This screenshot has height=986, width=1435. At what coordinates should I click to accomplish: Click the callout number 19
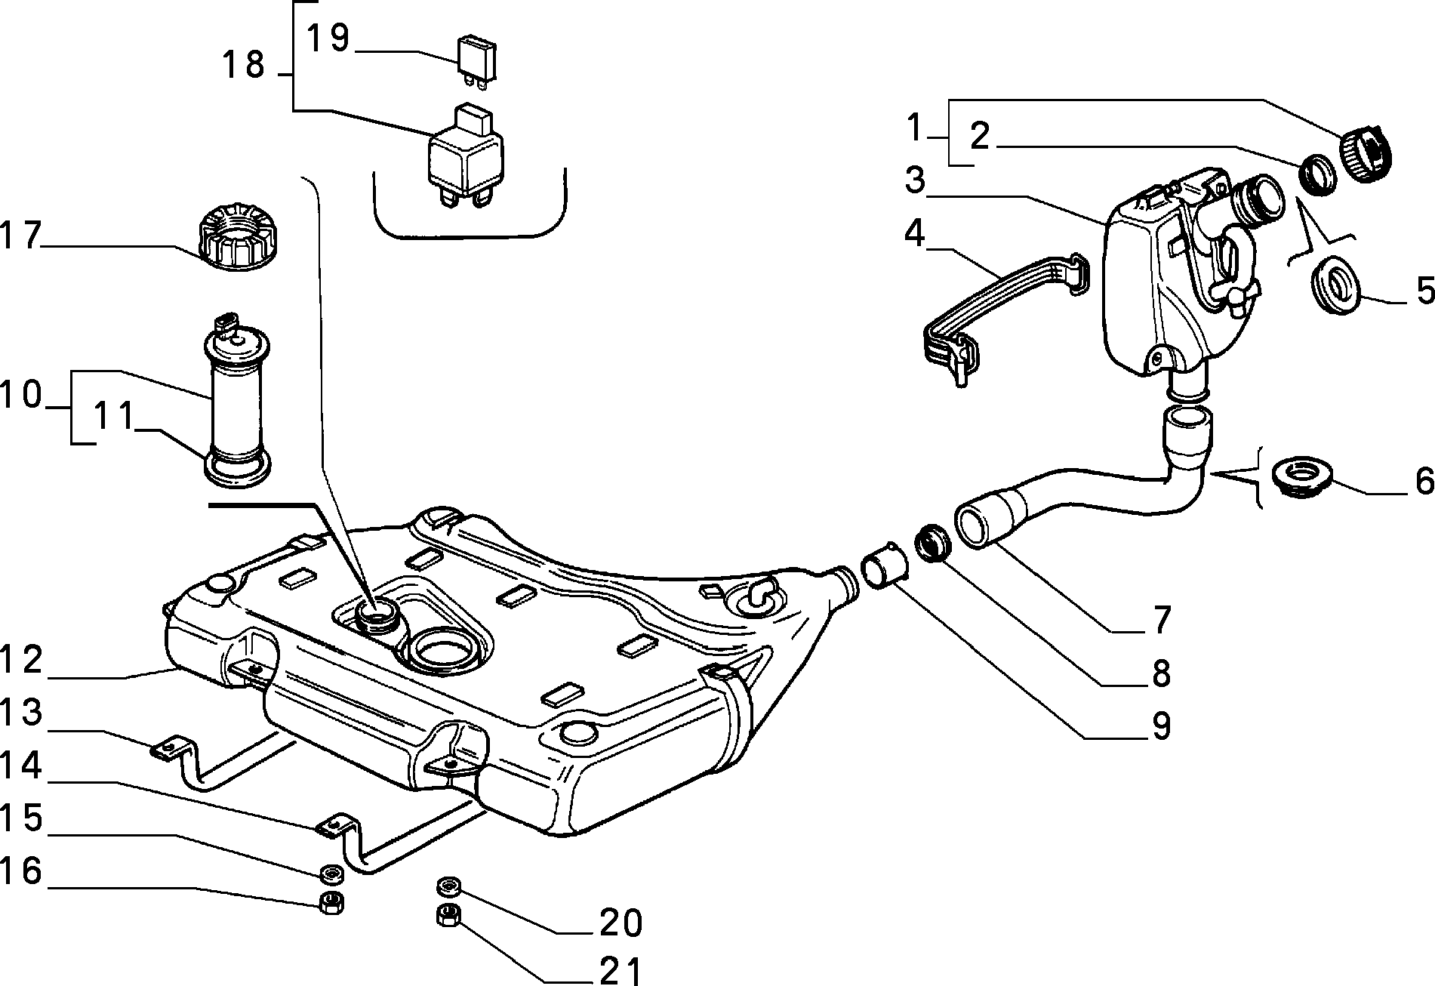(330, 39)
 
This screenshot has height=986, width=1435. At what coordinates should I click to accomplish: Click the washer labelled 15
(331, 875)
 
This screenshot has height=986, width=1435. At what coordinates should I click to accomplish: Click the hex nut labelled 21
(448, 915)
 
